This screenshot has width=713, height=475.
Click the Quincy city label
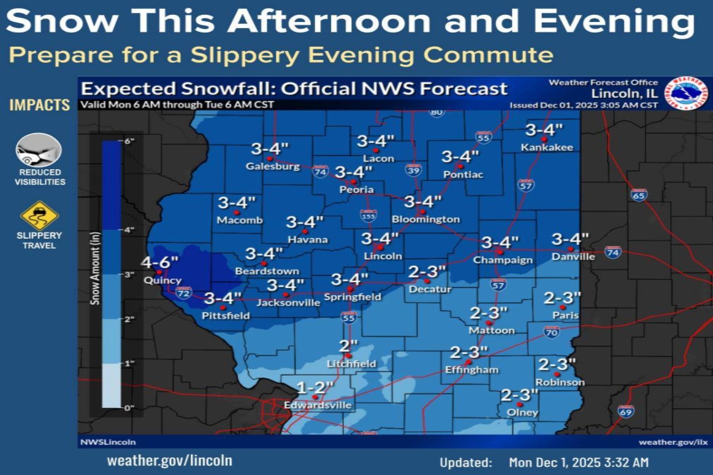tap(163, 280)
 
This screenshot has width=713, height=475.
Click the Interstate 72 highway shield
tap(184, 293)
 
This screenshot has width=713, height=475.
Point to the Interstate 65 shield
tap(639, 195)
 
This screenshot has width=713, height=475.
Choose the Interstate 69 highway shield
tap(626, 411)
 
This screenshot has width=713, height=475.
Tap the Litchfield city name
tap(351, 363)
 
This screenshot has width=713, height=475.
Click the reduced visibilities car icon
tap(39, 150)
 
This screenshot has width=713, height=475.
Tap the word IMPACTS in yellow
tap(39, 105)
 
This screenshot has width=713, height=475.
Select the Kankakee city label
tap(547, 147)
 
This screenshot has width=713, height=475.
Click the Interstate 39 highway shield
tap(414, 170)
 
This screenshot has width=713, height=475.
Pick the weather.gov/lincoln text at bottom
tap(169, 460)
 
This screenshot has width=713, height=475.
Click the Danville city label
tap(573, 257)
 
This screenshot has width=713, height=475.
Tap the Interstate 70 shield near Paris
tap(552, 332)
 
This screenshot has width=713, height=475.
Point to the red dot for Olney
tap(520, 404)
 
